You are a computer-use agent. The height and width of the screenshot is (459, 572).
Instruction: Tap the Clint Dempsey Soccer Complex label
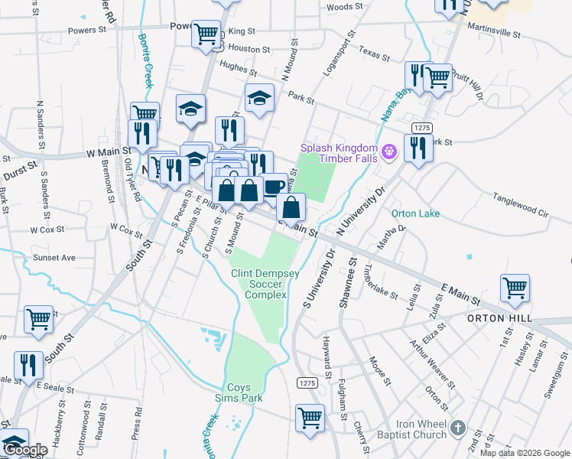coord(258,284)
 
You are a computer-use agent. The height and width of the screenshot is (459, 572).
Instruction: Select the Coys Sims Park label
coord(244,393)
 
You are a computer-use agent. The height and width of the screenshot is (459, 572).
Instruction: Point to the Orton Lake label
coord(415,213)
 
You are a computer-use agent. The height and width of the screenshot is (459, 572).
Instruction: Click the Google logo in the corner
coord(25,450)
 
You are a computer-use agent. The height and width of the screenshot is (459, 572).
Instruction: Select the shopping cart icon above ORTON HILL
coord(515,288)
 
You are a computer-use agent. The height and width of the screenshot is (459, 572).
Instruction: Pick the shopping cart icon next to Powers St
coord(206,34)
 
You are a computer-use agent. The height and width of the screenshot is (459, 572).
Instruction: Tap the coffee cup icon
coord(274,186)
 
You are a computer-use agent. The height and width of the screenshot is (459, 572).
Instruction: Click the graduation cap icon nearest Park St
coord(259,97)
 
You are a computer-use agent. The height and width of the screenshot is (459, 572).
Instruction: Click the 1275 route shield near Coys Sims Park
coord(307,382)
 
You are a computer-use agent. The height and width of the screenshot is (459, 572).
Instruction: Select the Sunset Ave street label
coord(54,258)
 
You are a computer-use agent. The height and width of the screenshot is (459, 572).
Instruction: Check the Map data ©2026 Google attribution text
coord(525,452)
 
